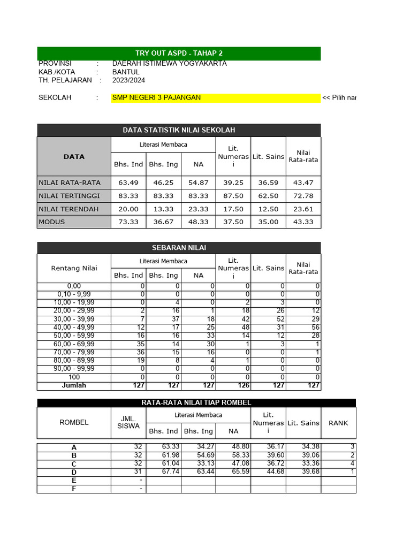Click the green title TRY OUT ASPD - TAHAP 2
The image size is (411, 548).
[179, 53]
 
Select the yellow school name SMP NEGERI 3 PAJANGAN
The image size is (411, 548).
[156, 97]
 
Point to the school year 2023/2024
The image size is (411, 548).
[128, 80]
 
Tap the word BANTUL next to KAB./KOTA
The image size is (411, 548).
[126, 72]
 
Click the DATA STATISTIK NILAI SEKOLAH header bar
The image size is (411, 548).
[179, 130]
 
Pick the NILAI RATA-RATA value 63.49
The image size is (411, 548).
[128, 182]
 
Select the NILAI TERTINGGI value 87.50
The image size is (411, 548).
[233, 196]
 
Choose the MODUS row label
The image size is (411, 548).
[51, 222]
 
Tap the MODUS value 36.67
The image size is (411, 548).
[163, 222]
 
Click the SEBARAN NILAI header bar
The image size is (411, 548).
[179, 247]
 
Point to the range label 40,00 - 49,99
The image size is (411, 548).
[74, 328]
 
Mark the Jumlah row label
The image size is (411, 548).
[74, 385]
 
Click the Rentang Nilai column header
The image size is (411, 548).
[74, 268]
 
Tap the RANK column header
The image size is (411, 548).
[338, 423]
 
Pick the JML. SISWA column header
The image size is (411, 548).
[128, 423]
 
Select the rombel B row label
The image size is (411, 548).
[74, 456]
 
